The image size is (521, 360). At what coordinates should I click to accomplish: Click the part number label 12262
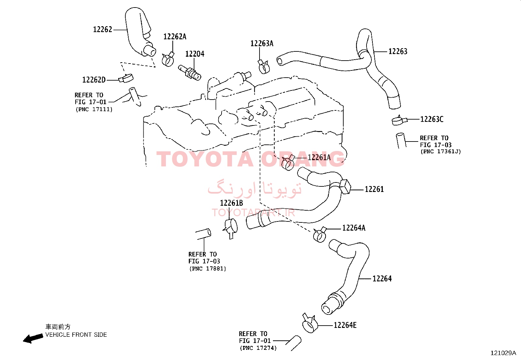point(102,29)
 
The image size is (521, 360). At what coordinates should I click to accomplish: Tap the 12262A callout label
point(175,37)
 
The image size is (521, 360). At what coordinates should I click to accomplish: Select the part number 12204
point(195,54)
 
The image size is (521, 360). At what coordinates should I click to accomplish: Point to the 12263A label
point(262,43)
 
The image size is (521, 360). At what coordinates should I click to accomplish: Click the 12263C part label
point(432,119)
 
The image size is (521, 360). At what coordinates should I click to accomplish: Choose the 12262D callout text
point(94,80)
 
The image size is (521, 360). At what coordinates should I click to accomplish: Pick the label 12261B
point(231,203)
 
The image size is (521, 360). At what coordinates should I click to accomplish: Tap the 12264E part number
point(345,325)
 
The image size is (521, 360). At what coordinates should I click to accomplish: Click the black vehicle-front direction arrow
point(33,338)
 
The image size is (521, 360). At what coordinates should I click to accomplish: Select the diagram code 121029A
point(503,353)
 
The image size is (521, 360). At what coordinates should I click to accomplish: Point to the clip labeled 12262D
point(126,78)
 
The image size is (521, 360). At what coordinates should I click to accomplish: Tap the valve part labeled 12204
point(189,72)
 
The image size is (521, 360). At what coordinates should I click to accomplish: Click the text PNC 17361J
point(441,151)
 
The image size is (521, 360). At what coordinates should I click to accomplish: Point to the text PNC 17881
point(208,269)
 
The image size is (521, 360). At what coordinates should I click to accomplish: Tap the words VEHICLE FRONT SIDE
point(76,335)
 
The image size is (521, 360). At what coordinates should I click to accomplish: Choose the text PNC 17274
point(258,348)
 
